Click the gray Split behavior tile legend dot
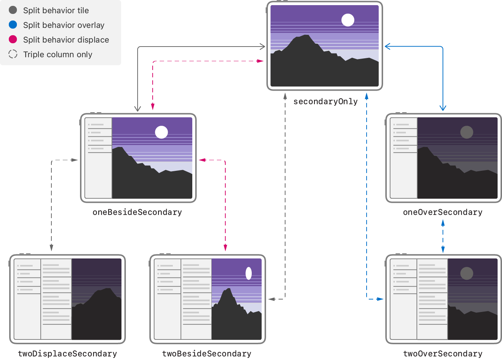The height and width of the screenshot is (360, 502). pos(13,10)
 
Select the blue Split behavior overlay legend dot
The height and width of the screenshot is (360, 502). pos(13,25)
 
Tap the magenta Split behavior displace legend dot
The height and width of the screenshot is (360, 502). pos(13,39)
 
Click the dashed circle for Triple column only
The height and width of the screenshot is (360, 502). pos(13,54)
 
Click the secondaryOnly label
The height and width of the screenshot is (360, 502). pos(325,102)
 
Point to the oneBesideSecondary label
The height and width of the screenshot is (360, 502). pos(137,212)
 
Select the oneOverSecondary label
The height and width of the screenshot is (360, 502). pos(442,212)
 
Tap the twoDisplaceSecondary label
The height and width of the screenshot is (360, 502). pos(67,354)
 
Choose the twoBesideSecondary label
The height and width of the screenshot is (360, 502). pos(207,354)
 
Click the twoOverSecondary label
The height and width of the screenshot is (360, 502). pos(442,354)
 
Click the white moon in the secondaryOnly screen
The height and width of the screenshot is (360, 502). pos(348,20)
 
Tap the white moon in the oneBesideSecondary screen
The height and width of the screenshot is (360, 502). pos(161,132)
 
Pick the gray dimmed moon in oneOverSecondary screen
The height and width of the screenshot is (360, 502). pos(466,132)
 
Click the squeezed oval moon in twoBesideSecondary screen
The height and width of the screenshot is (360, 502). pos(248,273)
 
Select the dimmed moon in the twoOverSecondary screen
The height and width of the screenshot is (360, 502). pos(466,273)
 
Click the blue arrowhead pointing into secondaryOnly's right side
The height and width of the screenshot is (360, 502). pos(388,46)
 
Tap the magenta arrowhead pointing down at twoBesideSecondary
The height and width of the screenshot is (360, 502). pos(225,248)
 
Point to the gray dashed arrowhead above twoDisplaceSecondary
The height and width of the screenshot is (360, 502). pos(51,248)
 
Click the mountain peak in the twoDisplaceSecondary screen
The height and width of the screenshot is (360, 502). pos(108,289)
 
